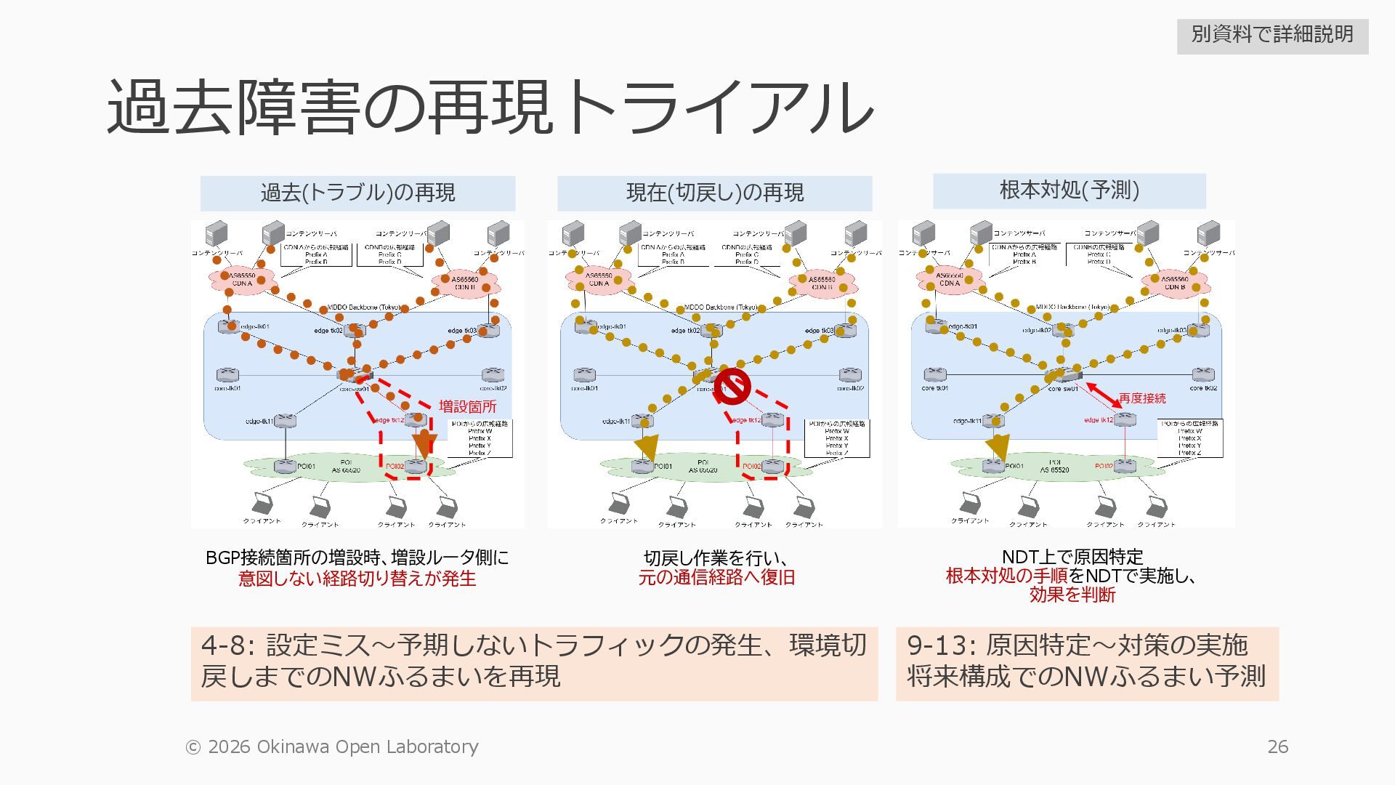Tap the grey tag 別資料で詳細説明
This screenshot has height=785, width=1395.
point(1272,35)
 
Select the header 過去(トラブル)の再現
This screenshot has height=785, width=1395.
point(357,193)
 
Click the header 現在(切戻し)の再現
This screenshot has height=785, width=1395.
point(714,193)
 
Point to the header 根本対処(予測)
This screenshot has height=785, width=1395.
point(1069,190)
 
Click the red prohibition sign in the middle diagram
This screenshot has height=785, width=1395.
point(732,386)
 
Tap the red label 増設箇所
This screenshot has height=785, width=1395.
point(467,406)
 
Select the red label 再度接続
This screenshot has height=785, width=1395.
point(1141,398)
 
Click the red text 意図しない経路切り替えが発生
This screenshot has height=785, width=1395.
point(357,579)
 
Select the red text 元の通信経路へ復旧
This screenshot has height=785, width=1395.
point(716,578)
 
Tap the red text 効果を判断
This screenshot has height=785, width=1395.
point(1072,595)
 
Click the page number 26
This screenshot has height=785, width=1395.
point(1277,746)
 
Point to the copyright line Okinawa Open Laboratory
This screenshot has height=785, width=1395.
point(332,746)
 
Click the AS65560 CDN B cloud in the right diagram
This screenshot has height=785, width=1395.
point(1173,283)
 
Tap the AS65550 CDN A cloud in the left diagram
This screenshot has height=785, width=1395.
point(242,279)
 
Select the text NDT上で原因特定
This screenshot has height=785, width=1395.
point(1072,557)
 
